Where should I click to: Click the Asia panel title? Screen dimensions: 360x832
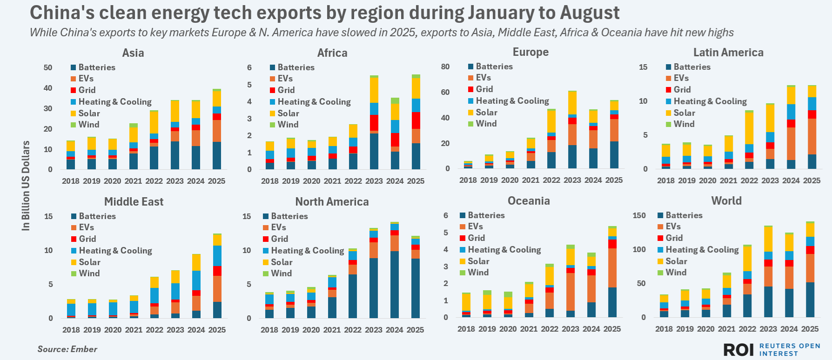[x=133, y=53]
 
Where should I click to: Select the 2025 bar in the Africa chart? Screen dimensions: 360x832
[x=416, y=122]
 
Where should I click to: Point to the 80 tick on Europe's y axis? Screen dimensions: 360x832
[x=445, y=67]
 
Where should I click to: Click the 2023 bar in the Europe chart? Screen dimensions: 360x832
[x=572, y=130]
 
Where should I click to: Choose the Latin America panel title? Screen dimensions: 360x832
[x=728, y=53]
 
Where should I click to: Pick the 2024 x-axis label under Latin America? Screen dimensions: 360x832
[x=791, y=180]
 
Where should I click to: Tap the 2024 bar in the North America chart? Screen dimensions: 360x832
[x=395, y=270]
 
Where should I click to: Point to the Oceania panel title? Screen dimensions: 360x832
[x=529, y=201]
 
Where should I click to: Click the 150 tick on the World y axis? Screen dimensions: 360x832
[x=639, y=215]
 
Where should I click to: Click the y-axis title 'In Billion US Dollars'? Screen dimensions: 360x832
[x=26, y=186]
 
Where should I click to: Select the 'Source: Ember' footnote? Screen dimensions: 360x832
[x=67, y=349]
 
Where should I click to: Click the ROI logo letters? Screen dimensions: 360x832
[x=738, y=350]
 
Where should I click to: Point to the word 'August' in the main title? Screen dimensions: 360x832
[x=590, y=13]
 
